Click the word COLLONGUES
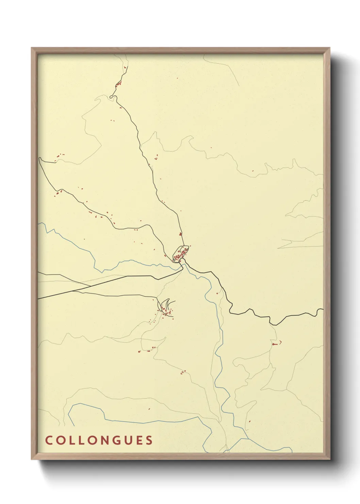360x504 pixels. coord(99,440)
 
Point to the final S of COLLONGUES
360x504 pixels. coord(149,440)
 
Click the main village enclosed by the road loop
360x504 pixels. coord(181,253)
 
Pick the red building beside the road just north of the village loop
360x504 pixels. coord(180,234)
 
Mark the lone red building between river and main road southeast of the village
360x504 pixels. coord(217,293)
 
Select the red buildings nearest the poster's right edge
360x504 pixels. coord(276,344)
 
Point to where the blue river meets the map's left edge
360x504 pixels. coord(39,223)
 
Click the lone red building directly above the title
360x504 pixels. coord(149,408)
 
